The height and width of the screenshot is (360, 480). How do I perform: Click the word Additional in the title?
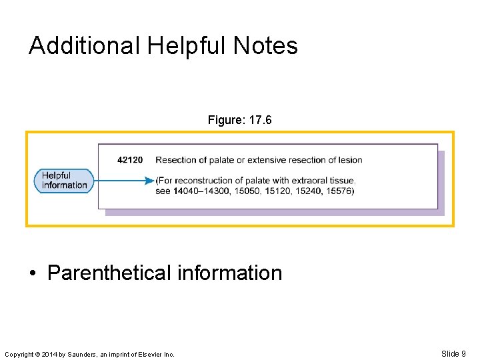coord(84,46)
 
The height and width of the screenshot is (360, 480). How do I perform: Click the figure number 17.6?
coord(260,120)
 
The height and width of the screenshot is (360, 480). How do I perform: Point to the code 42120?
coord(130,160)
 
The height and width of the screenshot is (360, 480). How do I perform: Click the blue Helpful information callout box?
coord(64,181)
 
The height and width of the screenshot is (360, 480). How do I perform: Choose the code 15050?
coord(243,191)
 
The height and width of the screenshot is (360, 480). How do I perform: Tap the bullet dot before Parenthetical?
coord(33,273)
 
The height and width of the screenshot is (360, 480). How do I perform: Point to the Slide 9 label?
coord(453,353)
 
